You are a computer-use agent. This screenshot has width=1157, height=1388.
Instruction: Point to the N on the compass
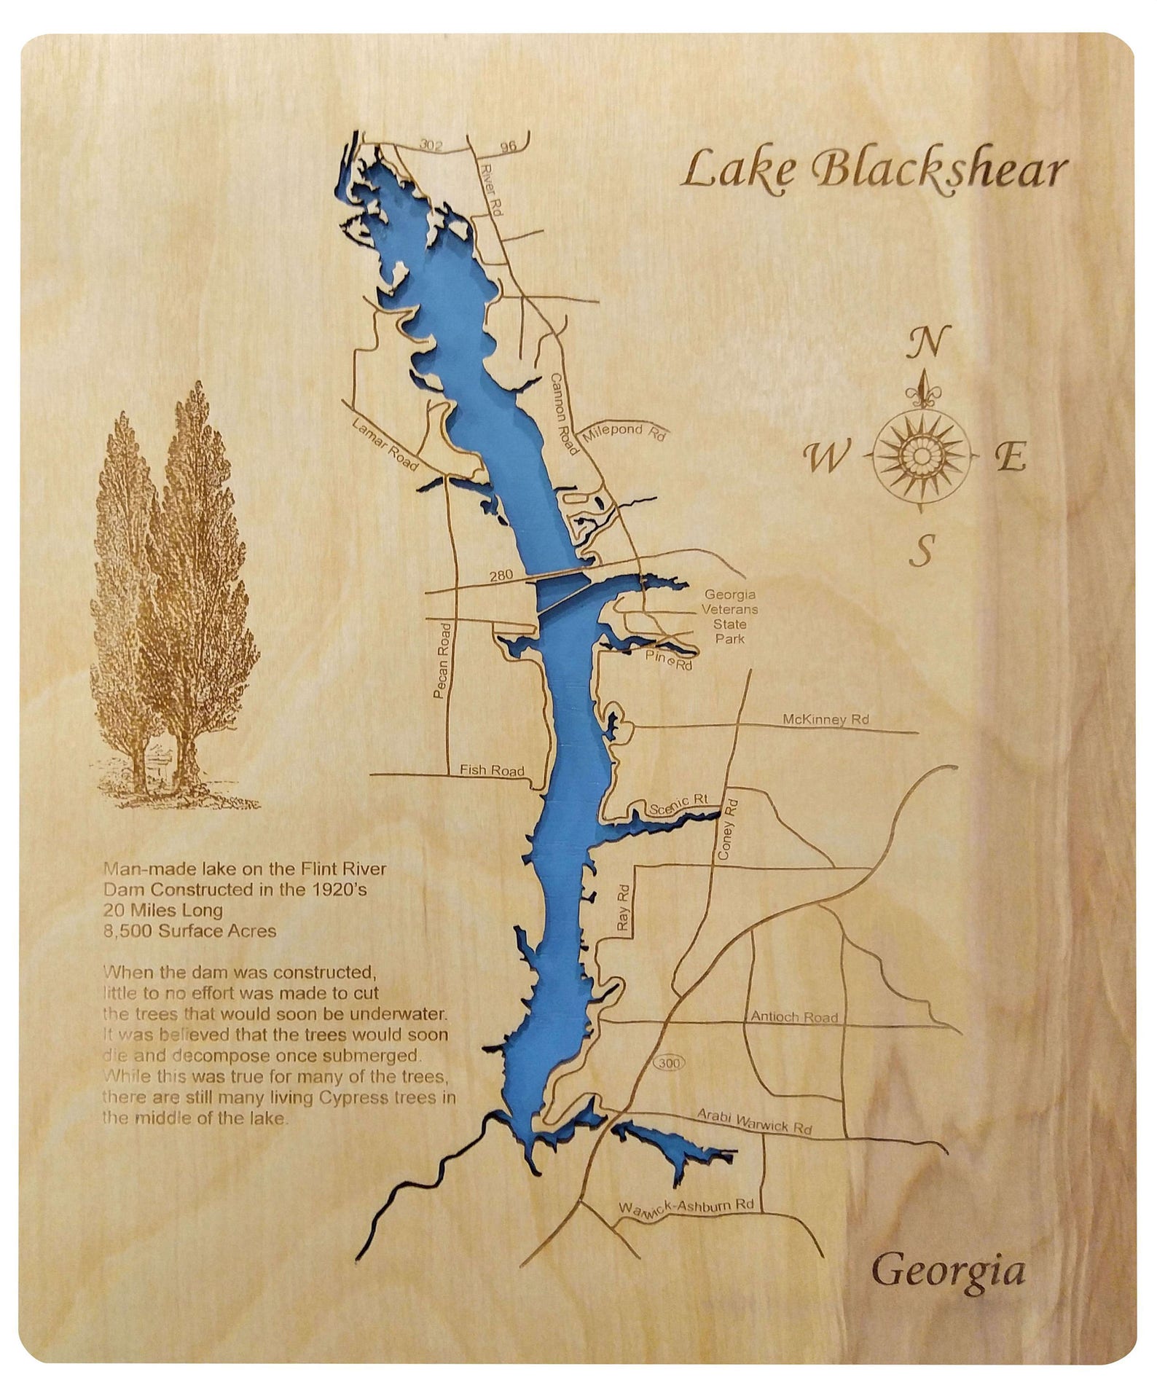point(928,341)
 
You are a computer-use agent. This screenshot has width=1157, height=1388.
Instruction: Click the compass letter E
point(1011,458)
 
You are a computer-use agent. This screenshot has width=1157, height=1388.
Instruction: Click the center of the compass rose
point(921,455)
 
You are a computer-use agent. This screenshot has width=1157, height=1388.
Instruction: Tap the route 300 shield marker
point(668,1063)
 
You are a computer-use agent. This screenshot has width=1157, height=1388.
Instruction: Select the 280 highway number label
point(501,576)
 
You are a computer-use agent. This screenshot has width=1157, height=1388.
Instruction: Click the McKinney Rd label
point(825,719)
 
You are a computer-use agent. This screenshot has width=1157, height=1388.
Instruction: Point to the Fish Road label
point(492,770)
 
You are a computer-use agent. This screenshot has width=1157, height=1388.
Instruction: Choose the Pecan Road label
point(442,661)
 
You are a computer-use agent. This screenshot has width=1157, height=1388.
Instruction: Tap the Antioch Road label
point(794,1016)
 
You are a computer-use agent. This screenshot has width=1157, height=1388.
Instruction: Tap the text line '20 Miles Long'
point(163,910)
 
